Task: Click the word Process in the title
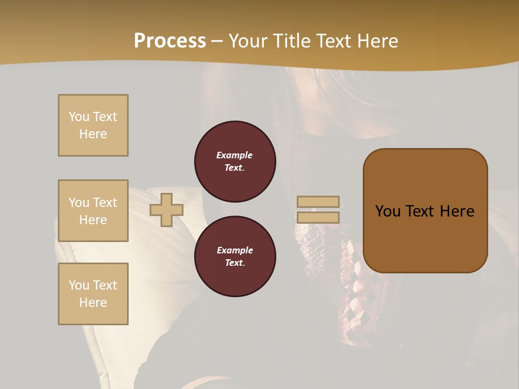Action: [x=170, y=41]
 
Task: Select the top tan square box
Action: [x=93, y=125]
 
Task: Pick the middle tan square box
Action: [x=93, y=211]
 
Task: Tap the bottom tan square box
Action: [x=93, y=294]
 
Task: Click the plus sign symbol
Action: [x=167, y=210]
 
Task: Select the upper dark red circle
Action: [x=235, y=162]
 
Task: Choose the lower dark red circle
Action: [x=235, y=257]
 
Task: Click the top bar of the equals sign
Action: [x=318, y=202]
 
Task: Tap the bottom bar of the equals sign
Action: [x=318, y=217]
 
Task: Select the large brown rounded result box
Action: [x=425, y=211]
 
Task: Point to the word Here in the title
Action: [x=376, y=41]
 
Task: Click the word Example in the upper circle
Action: [x=235, y=155]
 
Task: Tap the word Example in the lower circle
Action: [x=235, y=250]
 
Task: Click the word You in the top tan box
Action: [x=78, y=117]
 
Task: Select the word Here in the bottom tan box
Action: [x=93, y=303]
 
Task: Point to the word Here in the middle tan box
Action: [x=93, y=220]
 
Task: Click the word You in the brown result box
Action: [x=388, y=211]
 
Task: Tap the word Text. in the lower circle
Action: [x=235, y=263]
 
